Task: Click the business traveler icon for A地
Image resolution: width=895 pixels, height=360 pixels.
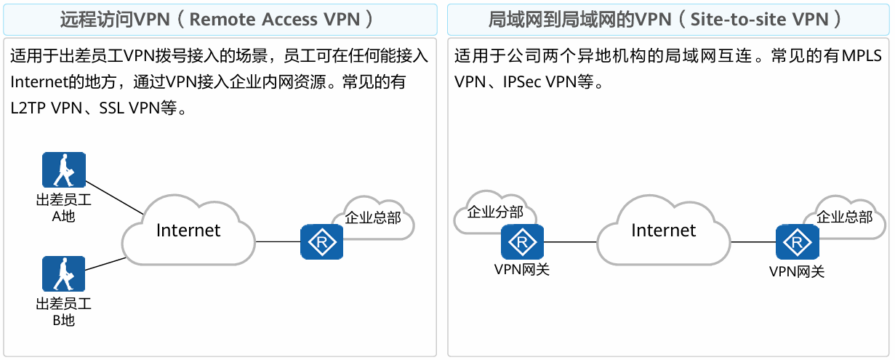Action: tap(63, 171)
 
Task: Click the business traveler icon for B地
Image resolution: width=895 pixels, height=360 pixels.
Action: tap(63, 274)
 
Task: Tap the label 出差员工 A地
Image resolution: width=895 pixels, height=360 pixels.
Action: tap(63, 208)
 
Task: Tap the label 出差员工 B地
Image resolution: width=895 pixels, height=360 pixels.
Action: tap(63, 312)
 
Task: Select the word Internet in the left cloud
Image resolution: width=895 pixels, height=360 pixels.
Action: tap(188, 231)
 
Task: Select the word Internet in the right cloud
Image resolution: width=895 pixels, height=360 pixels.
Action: tap(663, 231)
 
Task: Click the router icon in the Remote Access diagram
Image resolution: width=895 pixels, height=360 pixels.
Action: tap(321, 241)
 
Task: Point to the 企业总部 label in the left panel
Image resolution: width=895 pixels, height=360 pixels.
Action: tap(372, 217)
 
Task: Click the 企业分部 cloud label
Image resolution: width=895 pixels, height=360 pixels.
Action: tap(495, 212)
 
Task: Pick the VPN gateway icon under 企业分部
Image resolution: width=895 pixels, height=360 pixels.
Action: tap(521, 242)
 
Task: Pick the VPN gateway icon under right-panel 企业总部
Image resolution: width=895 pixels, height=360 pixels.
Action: tap(797, 242)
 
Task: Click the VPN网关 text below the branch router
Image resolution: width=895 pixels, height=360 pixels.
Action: tap(521, 271)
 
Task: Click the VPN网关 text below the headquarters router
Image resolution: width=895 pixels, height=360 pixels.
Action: tap(797, 273)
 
